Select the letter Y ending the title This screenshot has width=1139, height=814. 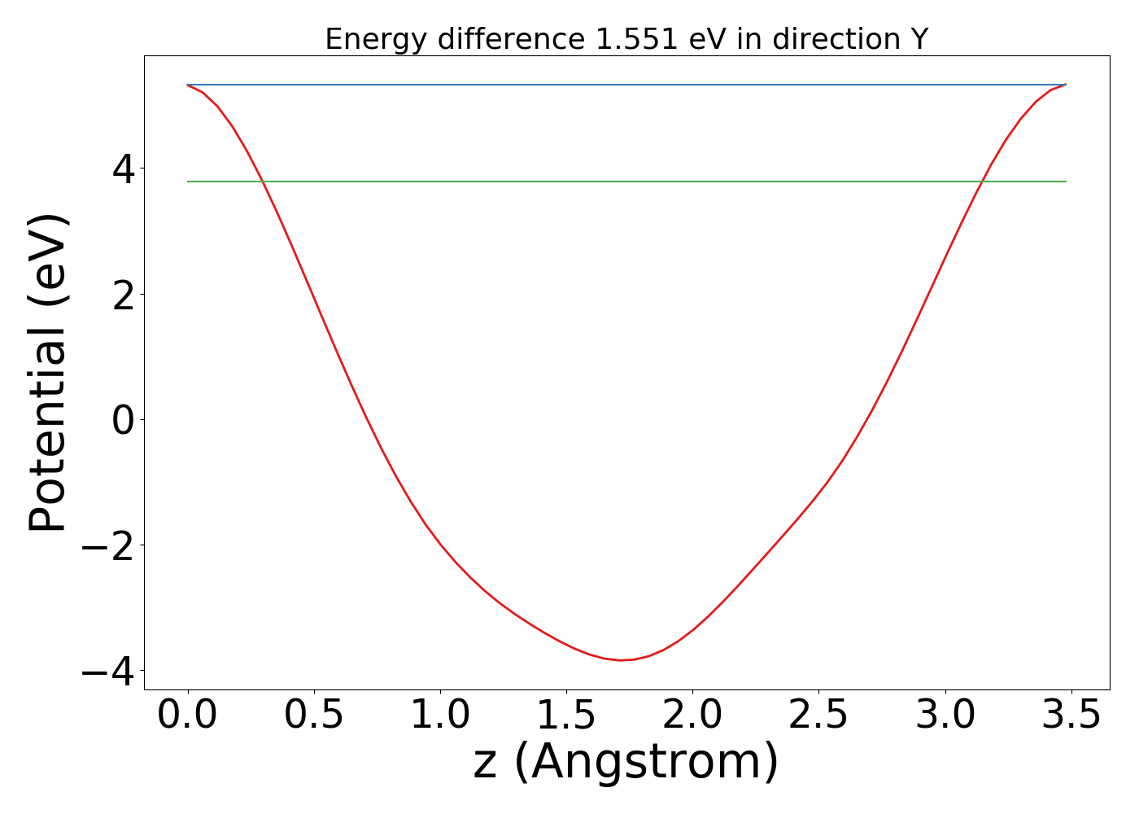pyautogui.click(x=919, y=39)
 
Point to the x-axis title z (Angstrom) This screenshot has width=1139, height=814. pyautogui.click(x=626, y=762)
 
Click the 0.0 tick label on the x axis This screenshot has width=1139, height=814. pyautogui.click(x=188, y=716)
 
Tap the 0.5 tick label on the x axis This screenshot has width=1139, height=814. pyautogui.click(x=314, y=716)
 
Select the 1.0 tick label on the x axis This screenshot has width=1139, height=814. pyautogui.click(x=440, y=716)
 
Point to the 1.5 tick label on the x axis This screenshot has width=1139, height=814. pyautogui.click(x=566, y=716)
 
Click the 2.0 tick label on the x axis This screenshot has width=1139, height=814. pyautogui.click(x=692, y=716)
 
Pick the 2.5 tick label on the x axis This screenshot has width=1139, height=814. pyautogui.click(x=818, y=716)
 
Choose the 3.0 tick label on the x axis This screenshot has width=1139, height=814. pyautogui.click(x=945, y=716)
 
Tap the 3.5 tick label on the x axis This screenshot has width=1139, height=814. pyautogui.click(x=1071, y=716)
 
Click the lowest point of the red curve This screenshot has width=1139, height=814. pyautogui.click(x=620, y=660)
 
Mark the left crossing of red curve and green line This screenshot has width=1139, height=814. pyautogui.click(x=263, y=182)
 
